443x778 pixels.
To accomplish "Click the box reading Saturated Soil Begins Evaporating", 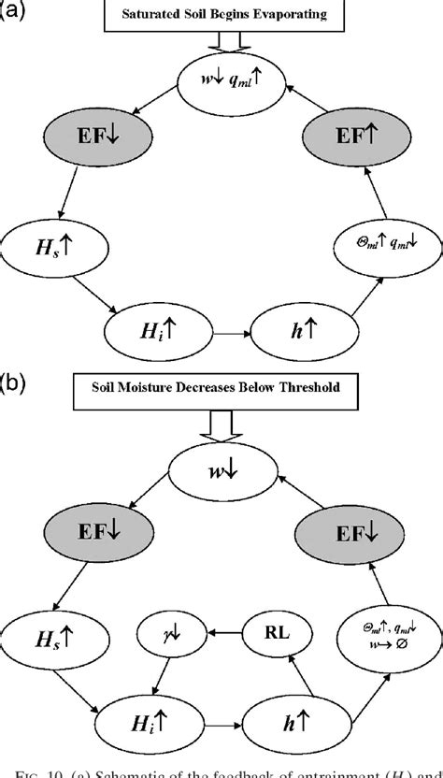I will [229, 15].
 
